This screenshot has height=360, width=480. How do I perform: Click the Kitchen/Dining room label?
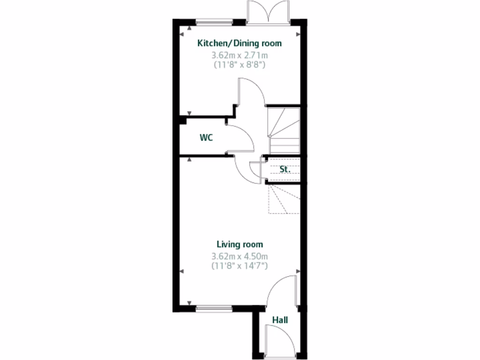[x=240, y=44]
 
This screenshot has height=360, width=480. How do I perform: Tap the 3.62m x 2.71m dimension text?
[x=240, y=55]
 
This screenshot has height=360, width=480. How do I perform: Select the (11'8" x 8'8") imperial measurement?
[x=240, y=65]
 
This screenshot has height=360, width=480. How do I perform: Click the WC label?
[x=206, y=138]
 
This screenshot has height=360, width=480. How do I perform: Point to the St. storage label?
[x=285, y=169]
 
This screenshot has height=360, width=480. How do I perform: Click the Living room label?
[x=240, y=244]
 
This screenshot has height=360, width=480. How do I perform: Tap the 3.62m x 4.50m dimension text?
[x=240, y=256]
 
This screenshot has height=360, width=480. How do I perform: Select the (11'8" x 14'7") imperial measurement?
[x=240, y=266]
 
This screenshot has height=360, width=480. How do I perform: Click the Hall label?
[x=280, y=320]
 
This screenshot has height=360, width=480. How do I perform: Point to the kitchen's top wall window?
[x=214, y=22]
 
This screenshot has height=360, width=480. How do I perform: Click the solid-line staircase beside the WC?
[x=284, y=130]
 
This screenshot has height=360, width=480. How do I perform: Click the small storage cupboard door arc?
[x=256, y=168]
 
